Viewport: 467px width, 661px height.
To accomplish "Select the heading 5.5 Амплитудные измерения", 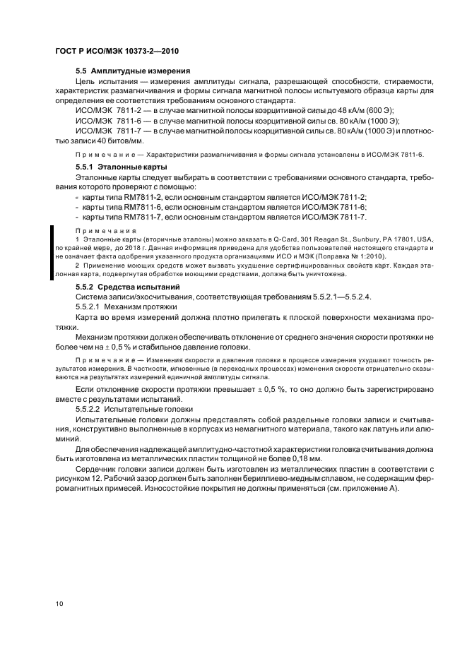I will click(133, 71).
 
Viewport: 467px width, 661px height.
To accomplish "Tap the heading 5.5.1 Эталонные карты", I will click(116, 166).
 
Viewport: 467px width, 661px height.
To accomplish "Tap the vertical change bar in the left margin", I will click(50, 254).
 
